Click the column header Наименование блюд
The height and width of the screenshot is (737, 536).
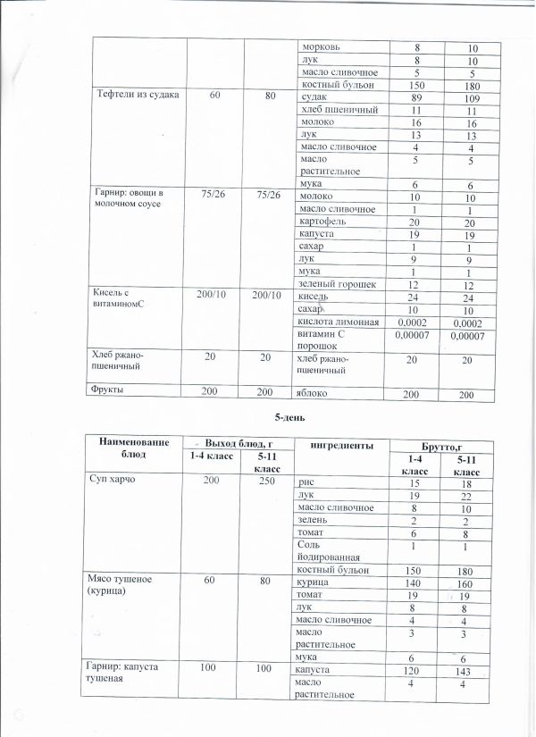point(131,448)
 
